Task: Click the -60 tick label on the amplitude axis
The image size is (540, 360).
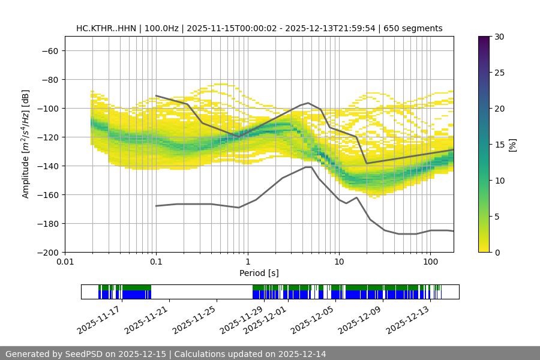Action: [x=49, y=50]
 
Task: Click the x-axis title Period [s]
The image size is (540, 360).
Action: [x=259, y=274]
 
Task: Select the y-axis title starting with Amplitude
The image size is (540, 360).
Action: [x=26, y=144]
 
